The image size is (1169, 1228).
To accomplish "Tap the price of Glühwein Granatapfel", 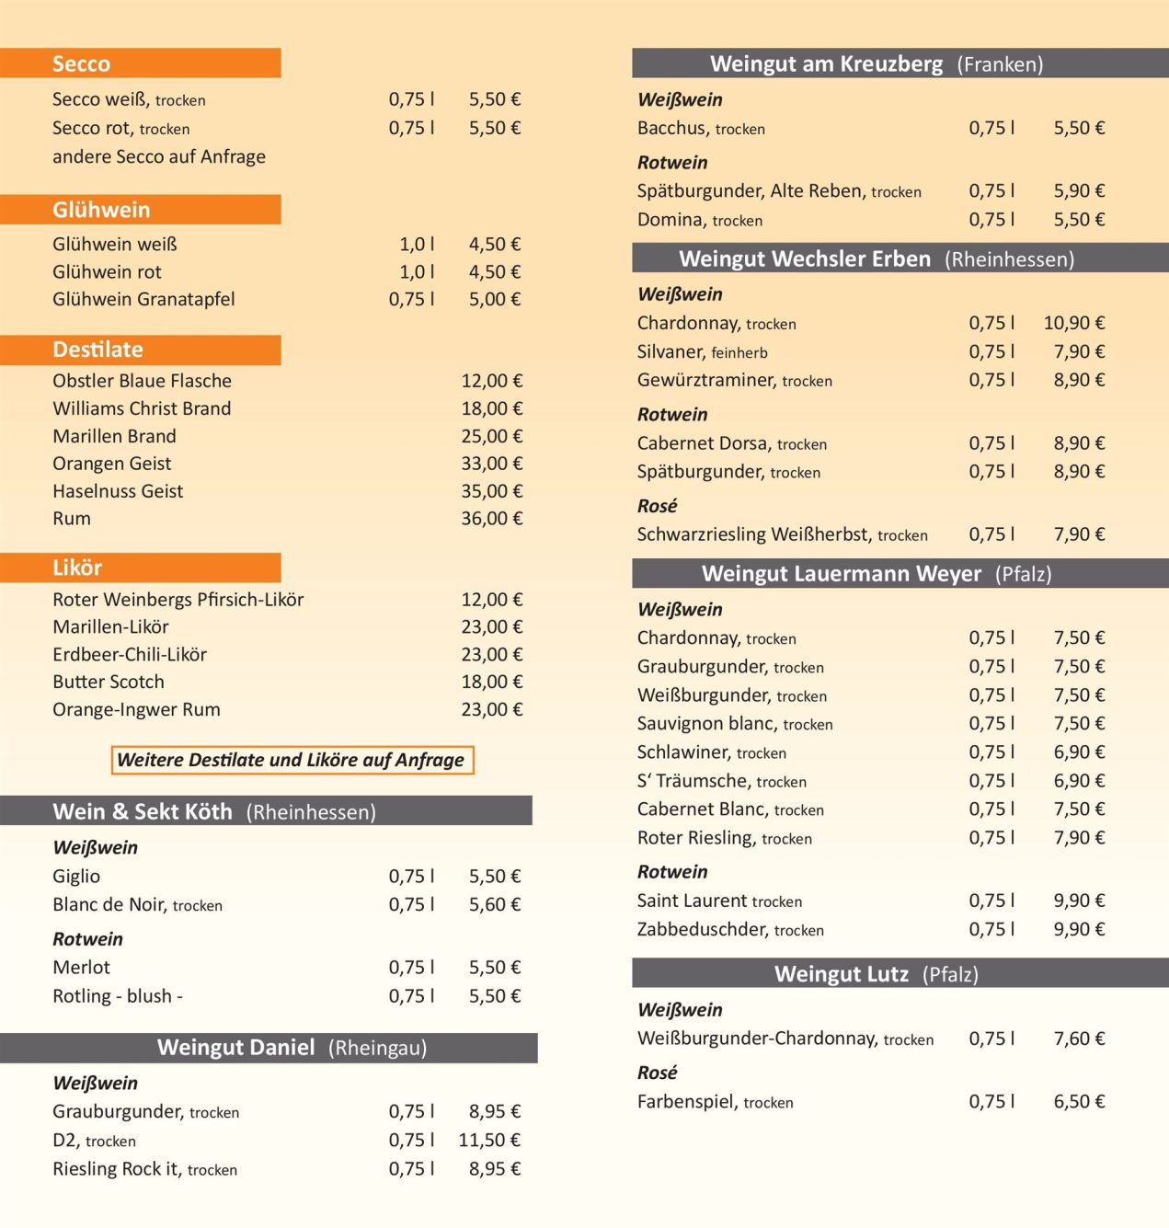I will coord(494,299).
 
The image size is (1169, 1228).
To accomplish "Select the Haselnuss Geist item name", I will coord(118,491).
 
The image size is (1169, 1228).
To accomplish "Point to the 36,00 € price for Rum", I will coord(491,519).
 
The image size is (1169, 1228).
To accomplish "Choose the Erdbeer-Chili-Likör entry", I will coord(130,654).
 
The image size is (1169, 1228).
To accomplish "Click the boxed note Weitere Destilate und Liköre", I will coord(291,760).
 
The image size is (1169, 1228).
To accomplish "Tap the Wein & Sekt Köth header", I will coord(143,811).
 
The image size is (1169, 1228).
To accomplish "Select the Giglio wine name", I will coord(76,876).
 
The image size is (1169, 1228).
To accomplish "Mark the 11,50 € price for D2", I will coord(489,1140).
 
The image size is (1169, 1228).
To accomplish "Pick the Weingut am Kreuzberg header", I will coord(826,63).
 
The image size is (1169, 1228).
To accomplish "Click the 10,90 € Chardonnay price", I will coord(1073,323).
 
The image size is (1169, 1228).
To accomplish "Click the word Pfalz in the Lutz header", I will coord(950,974).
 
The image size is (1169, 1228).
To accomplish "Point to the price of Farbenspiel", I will coord(1079,1101).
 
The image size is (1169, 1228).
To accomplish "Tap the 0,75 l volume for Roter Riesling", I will coord(991,838).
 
